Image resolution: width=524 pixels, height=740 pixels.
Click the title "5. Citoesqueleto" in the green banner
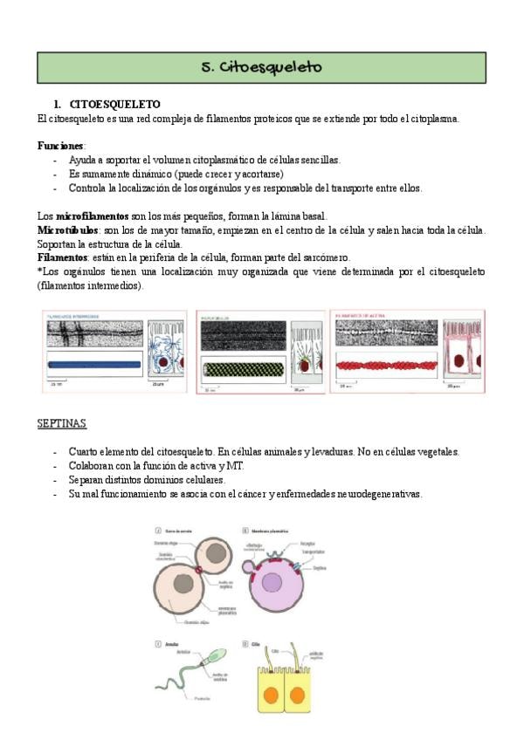pyautogui.click(x=261, y=67)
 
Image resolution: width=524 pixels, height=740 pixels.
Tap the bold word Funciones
pyautogui.click(x=60, y=145)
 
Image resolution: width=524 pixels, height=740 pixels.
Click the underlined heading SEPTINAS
pyautogui.click(x=61, y=423)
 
